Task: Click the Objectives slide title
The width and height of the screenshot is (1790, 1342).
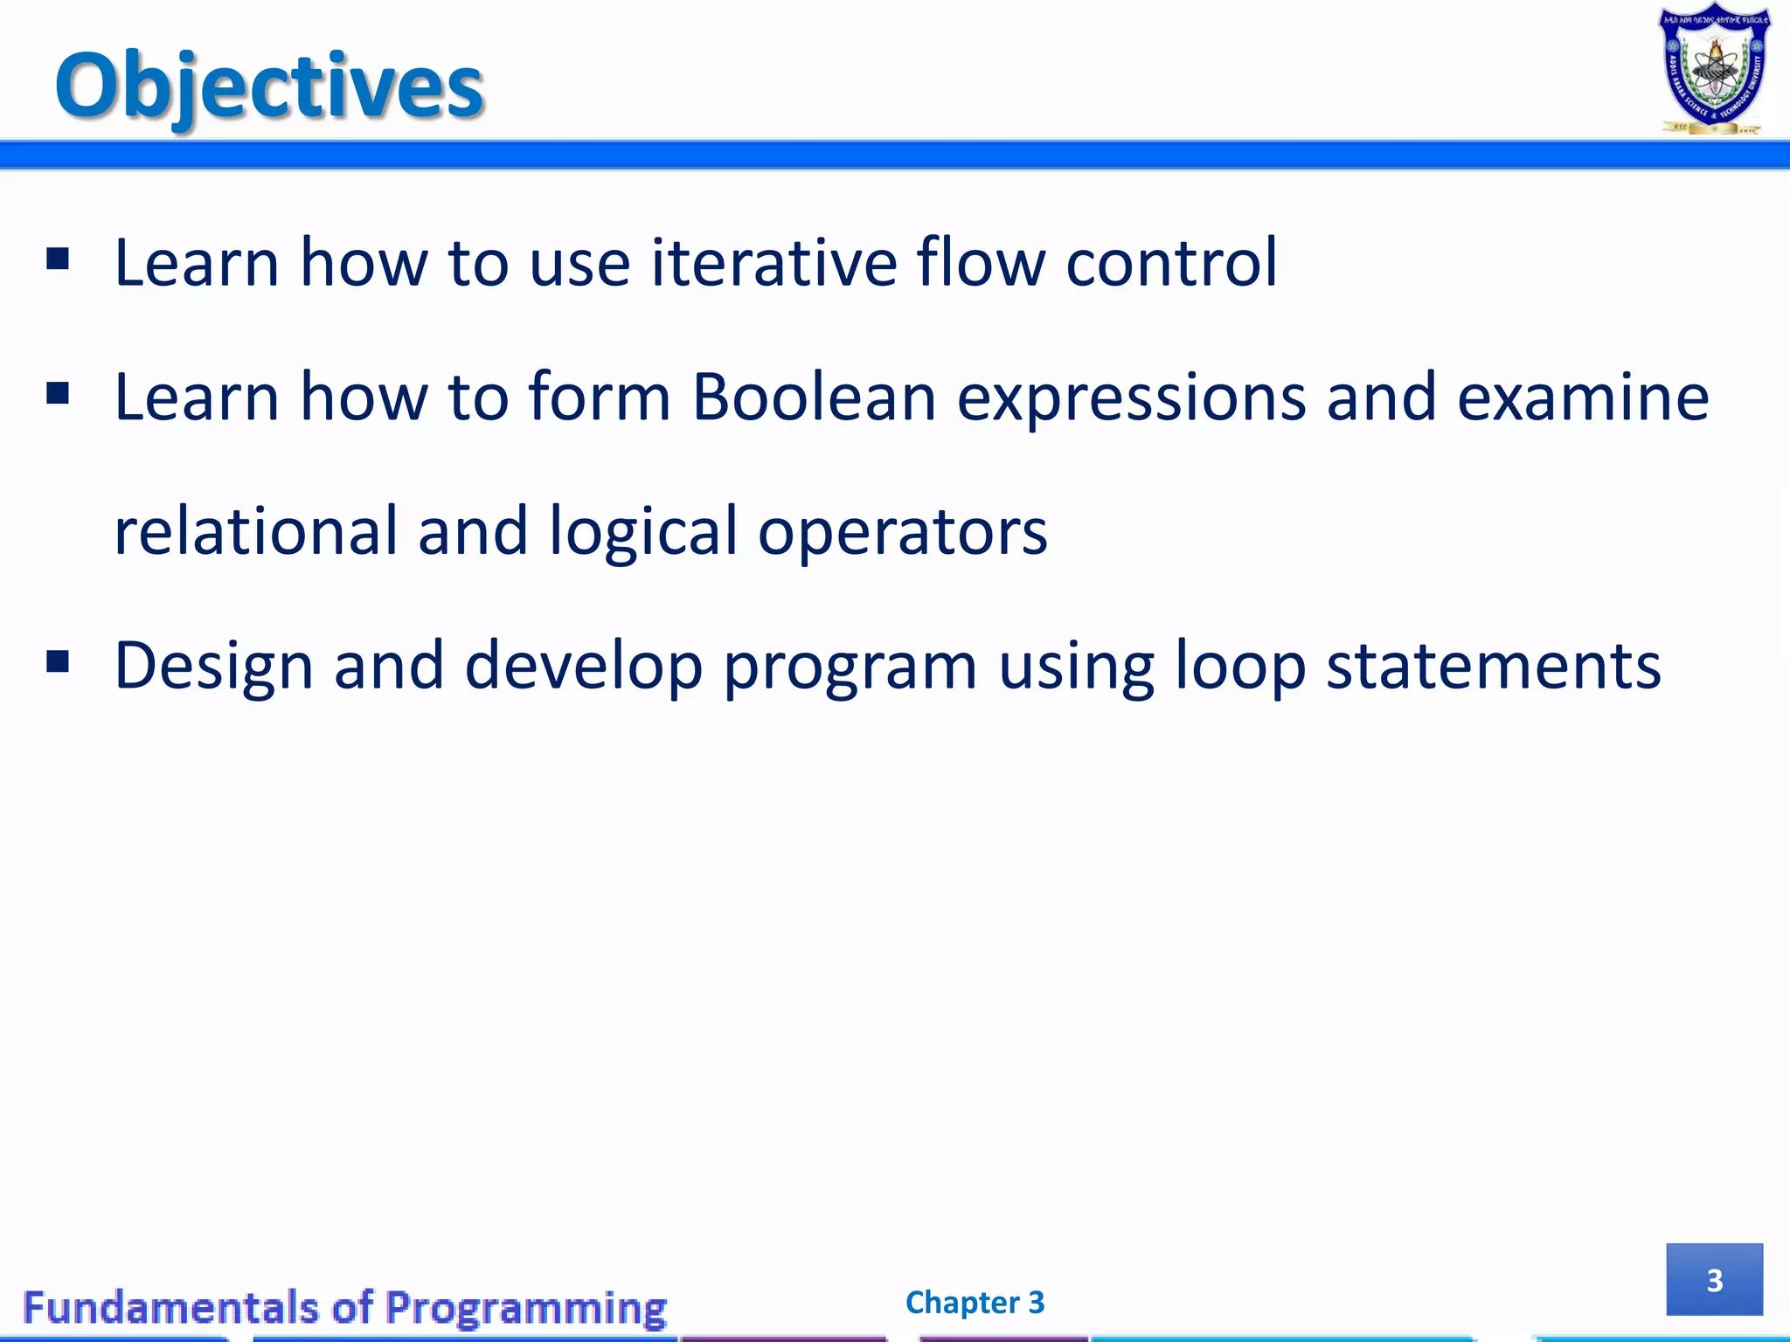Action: click(x=269, y=86)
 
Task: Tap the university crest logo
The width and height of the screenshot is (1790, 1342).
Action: click(x=1715, y=70)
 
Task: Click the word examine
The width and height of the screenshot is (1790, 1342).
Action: click(x=1582, y=398)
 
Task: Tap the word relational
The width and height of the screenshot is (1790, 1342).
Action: click(x=255, y=531)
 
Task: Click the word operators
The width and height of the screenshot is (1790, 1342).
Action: click(x=902, y=533)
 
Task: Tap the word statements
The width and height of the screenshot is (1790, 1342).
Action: click(x=1493, y=666)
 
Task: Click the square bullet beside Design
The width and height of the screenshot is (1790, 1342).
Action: click(x=58, y=661)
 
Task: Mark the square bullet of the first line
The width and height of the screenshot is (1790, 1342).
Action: click(x=58, y=259)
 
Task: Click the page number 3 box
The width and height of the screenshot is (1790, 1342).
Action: click(x=1714, y=1279)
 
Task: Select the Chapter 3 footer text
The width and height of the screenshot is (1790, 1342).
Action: click(x=975, y=1303)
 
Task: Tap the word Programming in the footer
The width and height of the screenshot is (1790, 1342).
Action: click(x=525, y=1309)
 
